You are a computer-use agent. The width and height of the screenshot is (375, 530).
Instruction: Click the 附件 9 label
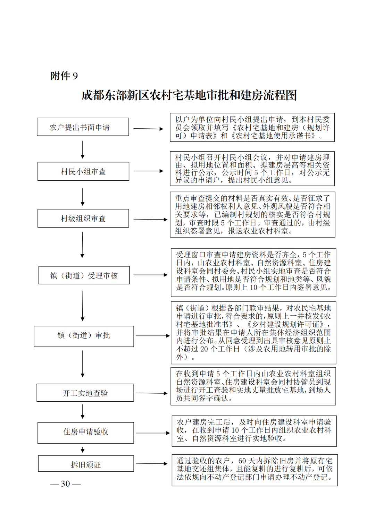(64, 76)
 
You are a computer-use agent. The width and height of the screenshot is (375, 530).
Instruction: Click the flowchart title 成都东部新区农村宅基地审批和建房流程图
(189, 95)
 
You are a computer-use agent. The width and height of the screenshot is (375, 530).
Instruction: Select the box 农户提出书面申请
(83, 127)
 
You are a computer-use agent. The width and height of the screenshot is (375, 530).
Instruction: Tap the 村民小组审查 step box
(83, 171)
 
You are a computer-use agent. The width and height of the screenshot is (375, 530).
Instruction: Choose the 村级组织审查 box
(83, 218)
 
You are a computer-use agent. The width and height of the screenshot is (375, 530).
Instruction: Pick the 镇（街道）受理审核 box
(84, 275)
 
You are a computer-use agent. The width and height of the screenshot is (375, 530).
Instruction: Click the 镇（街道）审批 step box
(84, 336)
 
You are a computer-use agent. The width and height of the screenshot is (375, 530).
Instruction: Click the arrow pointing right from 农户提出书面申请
(148, 129)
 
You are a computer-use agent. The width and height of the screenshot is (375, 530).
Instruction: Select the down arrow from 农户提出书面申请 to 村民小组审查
(82, 150)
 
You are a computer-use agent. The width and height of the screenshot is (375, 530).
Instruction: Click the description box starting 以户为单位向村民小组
(252, 127)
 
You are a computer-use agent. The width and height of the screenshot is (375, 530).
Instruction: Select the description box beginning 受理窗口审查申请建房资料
(253, 272)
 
